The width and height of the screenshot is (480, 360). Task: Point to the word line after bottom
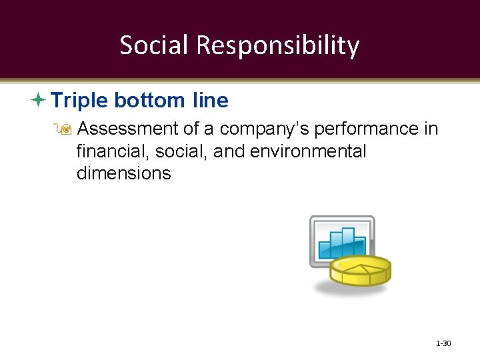(x=210, y=101)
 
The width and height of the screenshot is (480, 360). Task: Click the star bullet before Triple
(x=39, y=101)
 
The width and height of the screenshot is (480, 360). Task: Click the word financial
(x=113, y=151)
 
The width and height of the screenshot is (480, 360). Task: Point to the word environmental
(x=308, y=151)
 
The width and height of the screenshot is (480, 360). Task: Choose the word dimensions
(x=123, y=174)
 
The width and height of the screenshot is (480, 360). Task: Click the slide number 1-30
(x=443, y=343)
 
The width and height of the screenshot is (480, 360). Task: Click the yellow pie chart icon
(x=360, y=270)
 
